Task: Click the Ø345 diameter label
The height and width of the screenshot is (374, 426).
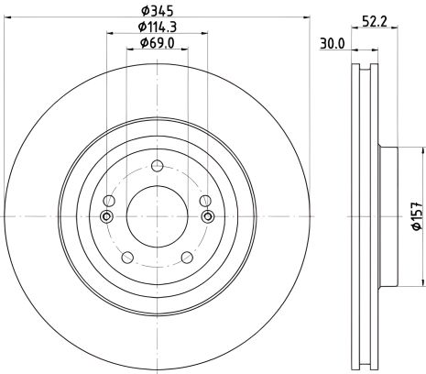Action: (157, 11)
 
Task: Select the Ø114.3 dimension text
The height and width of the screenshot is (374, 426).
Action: (158, 27)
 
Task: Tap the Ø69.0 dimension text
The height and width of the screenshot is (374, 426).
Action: (157, 43)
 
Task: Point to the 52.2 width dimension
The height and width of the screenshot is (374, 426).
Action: (375, 22)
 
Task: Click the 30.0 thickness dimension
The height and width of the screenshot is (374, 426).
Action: (332, 44)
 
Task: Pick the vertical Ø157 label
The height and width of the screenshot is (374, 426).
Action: (417, 216)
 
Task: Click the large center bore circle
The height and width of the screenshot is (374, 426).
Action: (157, 216)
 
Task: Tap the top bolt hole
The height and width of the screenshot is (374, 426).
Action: (158, 166)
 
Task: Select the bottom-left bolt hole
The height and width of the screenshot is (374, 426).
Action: (127, 258)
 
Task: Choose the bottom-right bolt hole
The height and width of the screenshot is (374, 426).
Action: (187, 258)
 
